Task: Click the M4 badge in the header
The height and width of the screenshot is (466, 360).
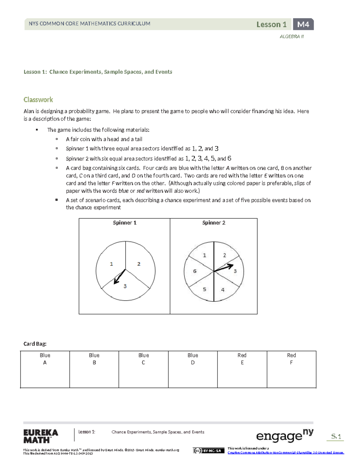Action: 303,24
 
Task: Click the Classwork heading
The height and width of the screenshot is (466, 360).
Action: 38,100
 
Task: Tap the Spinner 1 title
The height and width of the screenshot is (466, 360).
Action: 124,223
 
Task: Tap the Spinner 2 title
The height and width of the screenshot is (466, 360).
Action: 214,223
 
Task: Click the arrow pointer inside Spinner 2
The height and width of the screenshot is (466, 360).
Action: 223,268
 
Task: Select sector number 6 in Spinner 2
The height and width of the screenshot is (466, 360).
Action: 195,271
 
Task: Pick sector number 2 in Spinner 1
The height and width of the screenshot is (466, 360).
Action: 139,264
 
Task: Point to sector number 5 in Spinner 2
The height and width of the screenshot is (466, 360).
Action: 204,290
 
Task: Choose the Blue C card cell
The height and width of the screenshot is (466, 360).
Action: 143,369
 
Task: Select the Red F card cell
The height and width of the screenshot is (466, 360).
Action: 291,369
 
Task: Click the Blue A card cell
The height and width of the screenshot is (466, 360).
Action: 45,369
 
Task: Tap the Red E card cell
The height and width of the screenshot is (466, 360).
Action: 242,369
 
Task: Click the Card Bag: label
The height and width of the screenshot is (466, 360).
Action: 35,344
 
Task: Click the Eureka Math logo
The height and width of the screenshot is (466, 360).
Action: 40,436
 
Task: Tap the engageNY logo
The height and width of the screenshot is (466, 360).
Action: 284,436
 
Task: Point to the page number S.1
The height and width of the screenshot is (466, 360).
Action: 336,437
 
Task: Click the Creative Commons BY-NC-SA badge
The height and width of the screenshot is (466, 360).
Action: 208,450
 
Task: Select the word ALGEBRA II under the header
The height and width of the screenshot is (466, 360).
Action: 292,37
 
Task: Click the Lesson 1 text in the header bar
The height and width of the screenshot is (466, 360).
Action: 271,24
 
